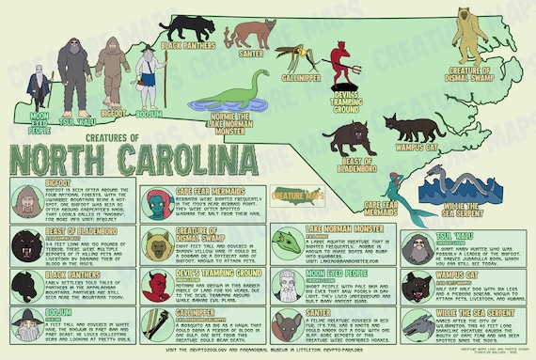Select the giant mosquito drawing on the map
(x=291, y=55)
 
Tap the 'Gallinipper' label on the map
(x=292, y=79)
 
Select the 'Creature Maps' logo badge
(x=293, y=196)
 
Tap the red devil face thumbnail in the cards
(x=155, y=283)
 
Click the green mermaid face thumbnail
(x=156, y=200)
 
